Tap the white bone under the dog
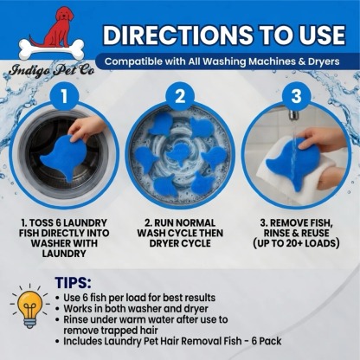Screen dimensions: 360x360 tap(51, 49)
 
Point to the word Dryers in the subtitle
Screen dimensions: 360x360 tap(324, 61)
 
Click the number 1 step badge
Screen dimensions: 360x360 tap(64, 96)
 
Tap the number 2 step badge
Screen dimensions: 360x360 tap(180, 96)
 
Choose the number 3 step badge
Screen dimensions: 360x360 tap(296, 96)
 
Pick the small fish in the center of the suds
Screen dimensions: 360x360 tap(178, 153)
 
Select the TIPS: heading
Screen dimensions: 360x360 tap(73, 283)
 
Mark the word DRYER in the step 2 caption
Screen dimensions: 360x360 tap(166, 243)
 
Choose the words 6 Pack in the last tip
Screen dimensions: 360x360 tap(267, 341)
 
